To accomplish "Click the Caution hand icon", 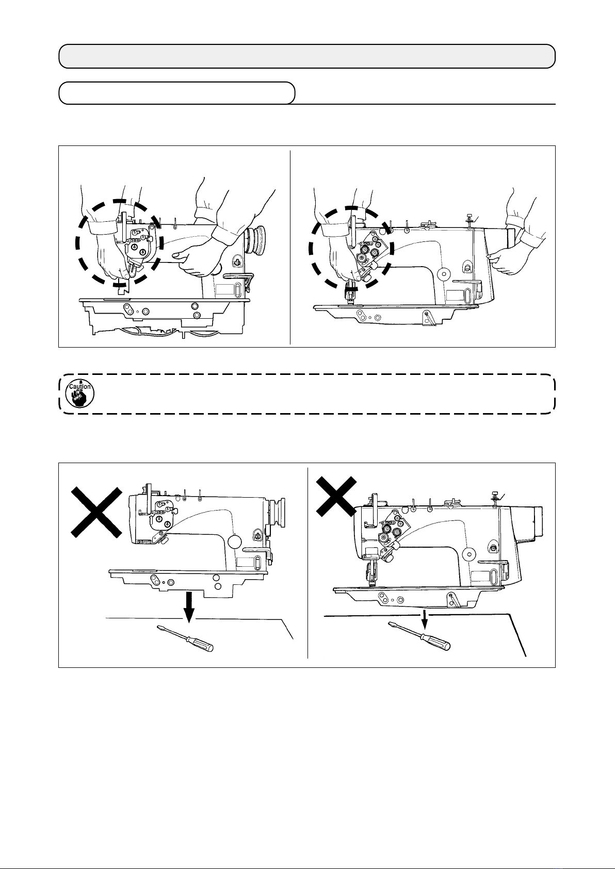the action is pyautogui.click(x=79, y=394).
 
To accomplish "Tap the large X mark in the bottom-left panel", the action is pyautogui.click(x=96, y=513).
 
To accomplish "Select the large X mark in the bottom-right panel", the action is pyautogui.click(x=336, y=497).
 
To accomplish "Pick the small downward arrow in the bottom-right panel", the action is pyautogui.click(x=425, y=619).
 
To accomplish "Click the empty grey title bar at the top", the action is pyautogui.click(x=307, y=56).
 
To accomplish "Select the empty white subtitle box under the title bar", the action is pyautogui.click(x=177, y=93).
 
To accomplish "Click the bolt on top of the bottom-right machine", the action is pyautogui.click(x=495, y=499).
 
